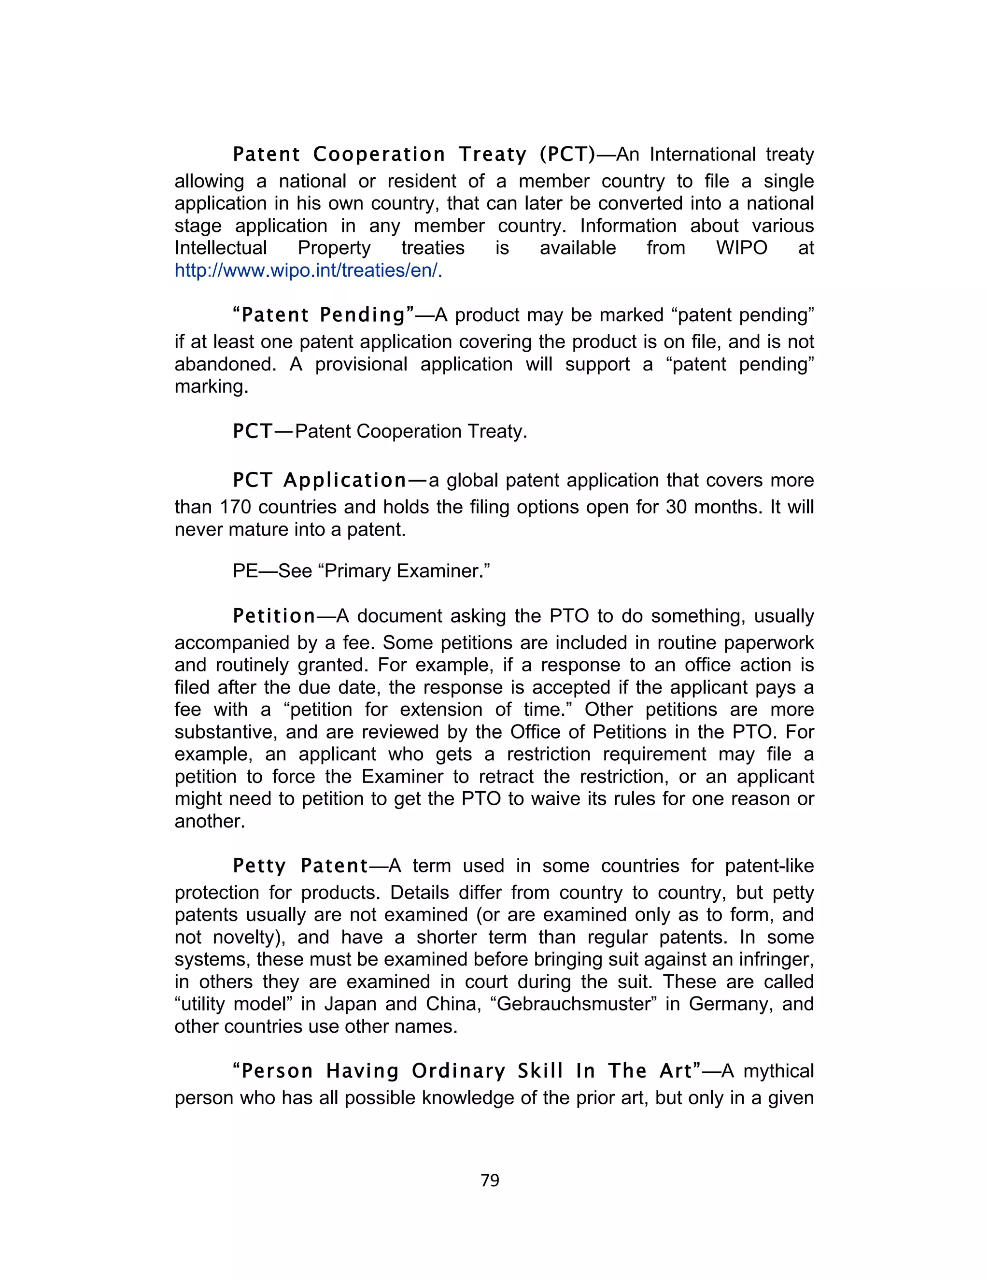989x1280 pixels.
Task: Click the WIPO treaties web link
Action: click(308, 271)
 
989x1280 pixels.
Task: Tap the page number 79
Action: click(490, 1180)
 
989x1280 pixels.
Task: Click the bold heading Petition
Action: click(274, 616)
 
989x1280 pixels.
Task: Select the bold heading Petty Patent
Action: click(300, 866)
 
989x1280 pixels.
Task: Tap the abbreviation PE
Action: click(245, 571)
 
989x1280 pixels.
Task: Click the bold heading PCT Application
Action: click(319, 481)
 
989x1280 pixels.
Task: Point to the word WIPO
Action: click(741, 248)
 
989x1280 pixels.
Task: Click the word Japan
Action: click(352, 1004)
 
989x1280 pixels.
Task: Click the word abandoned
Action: click(225, 365)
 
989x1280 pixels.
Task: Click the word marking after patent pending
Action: click(211, 387)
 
